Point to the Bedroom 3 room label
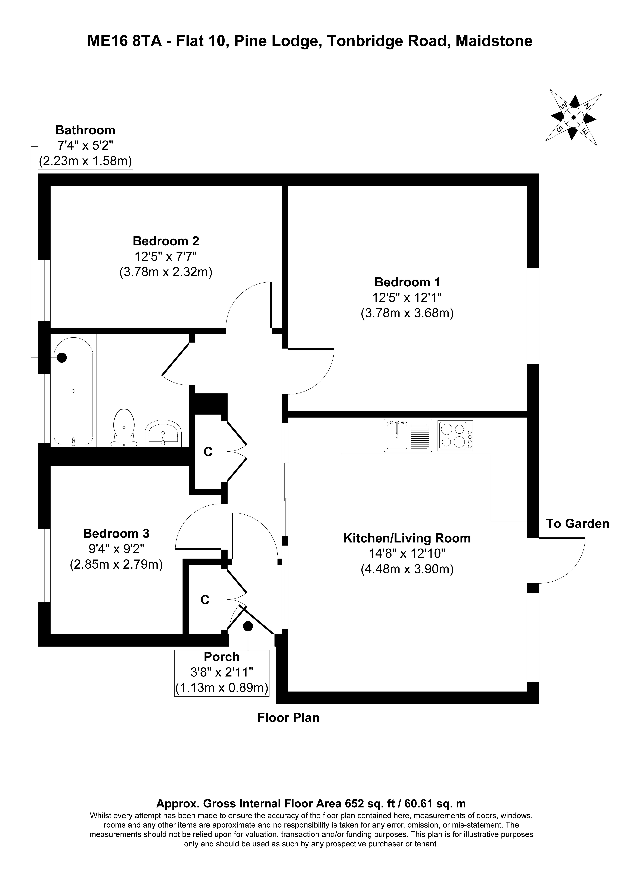116,533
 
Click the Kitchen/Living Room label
407,539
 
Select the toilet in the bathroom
124,428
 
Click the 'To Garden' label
577,524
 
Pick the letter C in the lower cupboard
205,600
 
